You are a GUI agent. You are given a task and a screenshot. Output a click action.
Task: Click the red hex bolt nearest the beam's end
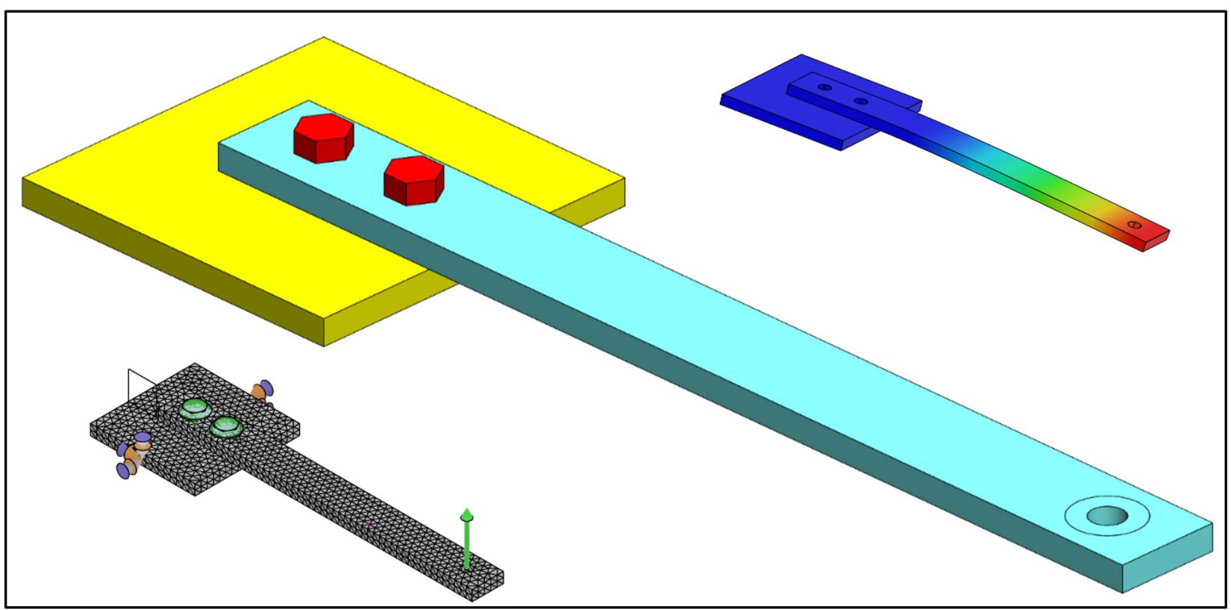click(x=324, y=137)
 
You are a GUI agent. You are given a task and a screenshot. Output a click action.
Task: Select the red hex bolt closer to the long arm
click(x=414, y=180)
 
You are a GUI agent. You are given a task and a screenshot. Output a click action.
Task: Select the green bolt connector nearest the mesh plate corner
click(x=194, y=409)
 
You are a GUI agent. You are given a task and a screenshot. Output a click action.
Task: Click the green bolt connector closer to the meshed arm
click(x=227, y=427)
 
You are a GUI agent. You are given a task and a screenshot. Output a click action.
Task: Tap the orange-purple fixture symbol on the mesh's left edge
click(x=133, y=454)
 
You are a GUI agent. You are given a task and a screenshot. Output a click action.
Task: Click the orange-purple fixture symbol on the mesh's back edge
click(x=262, y=390)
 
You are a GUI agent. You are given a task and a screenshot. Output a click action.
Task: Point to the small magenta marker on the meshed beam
click(x=368, y=523)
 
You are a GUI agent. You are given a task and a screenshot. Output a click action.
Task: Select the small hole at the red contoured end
click(x=1134, y=224)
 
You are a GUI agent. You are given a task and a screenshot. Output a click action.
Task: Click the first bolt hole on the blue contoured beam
click(x=825, y=87)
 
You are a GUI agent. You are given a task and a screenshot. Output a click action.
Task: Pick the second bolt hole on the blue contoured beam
click(x=861, y=101)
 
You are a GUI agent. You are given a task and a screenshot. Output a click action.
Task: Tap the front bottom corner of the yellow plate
click(x=324, y=345)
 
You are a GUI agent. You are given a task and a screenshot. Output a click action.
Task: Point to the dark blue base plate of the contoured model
click(x=769, y=112)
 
